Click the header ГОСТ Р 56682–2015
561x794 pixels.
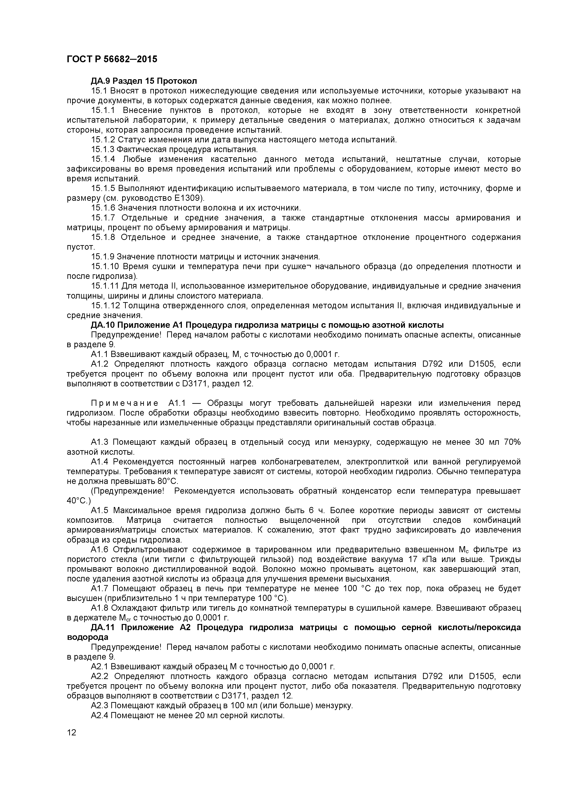[112, 59]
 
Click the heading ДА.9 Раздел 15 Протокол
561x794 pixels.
[144, 81]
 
